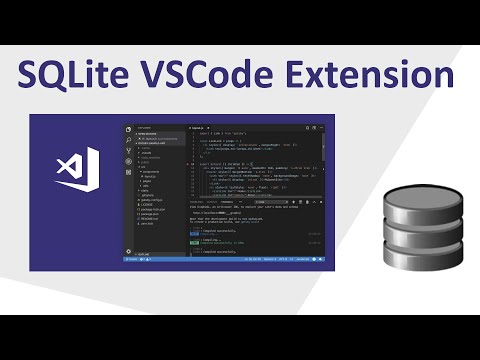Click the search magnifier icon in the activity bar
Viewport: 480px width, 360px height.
click(128, 140)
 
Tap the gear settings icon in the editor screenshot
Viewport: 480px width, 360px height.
click(128, 250)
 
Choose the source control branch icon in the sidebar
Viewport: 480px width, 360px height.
click(128, 150)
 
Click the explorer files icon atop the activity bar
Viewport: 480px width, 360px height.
click(128, 130)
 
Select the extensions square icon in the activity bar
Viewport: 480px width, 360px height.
click(128, 171)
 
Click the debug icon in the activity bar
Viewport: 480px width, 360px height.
click(128, 160)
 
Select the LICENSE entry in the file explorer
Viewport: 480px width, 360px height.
click(149, 203)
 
